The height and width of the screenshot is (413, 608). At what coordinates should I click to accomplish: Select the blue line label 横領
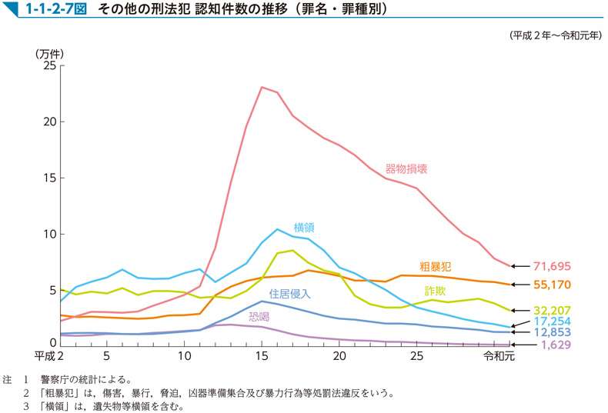[304, 227]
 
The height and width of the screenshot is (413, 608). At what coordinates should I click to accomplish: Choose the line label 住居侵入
[289, 293]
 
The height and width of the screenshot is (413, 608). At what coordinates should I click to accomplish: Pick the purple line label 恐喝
[259, 315]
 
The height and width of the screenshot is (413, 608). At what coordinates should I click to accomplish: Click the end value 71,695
[552, 266]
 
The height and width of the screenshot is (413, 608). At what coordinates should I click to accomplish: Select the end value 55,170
[552, 285]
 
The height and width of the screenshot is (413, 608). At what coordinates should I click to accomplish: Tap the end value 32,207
[552, 311]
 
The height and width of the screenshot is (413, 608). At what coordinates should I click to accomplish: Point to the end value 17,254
[552, 321]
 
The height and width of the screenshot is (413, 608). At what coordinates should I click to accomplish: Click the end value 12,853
[552, 332]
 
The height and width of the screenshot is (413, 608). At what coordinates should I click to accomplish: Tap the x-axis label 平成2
[49, 357]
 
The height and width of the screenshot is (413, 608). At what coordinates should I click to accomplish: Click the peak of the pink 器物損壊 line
[262, 87]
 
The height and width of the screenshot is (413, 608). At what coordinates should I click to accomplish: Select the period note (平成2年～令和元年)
[555, 35]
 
